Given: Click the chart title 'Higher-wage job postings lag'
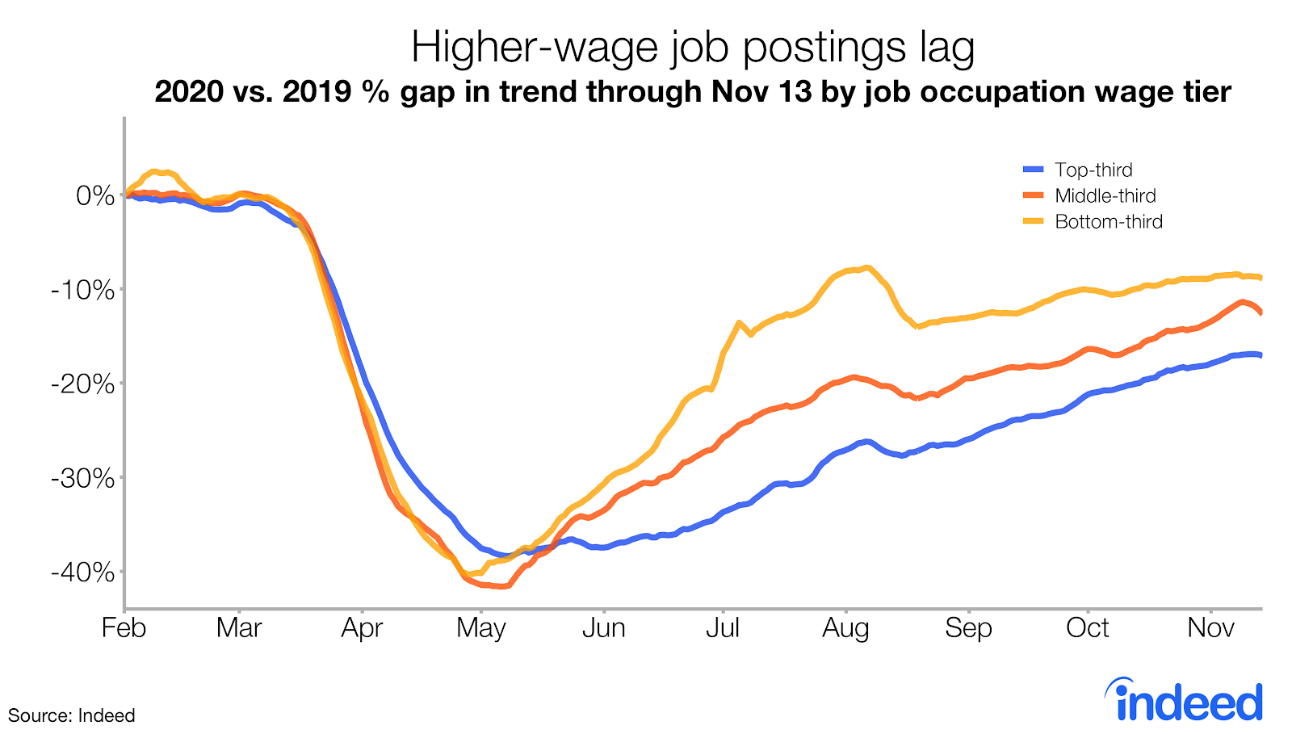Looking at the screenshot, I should point(693,47).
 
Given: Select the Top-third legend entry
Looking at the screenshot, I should point(1093,170).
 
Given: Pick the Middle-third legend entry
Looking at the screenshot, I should point(1105,195).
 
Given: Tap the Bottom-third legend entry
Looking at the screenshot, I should point(1108,221).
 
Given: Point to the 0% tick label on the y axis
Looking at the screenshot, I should point(95,195).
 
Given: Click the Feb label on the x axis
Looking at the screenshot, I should point(124,628).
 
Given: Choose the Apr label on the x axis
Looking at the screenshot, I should point(362,628).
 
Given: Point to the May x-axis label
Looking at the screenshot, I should point(481,628).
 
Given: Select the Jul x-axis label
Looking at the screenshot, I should point(723,628).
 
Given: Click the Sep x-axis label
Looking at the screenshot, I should point(968,628).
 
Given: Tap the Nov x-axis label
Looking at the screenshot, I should point(1210,628).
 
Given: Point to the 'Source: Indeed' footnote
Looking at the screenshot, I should point(71,715).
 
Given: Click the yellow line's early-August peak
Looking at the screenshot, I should point(866,267).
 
